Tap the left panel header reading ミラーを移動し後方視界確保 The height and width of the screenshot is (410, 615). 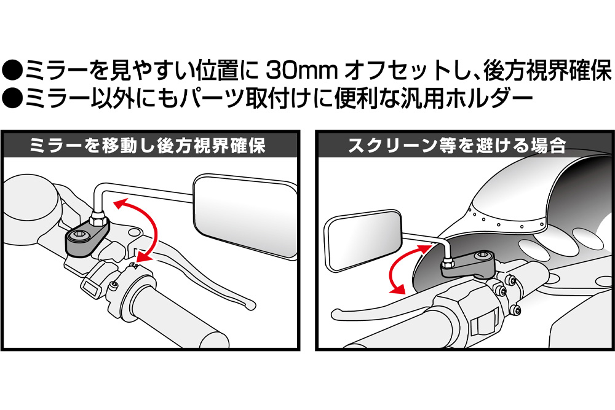point(148,146)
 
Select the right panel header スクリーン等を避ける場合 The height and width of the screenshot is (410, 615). point(458,146)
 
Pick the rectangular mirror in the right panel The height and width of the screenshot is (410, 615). point(363,242)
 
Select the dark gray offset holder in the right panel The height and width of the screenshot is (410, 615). point(468,264)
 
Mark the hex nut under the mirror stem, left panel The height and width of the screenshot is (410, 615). point(98,217)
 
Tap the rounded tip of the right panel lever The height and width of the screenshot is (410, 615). point(338,314)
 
